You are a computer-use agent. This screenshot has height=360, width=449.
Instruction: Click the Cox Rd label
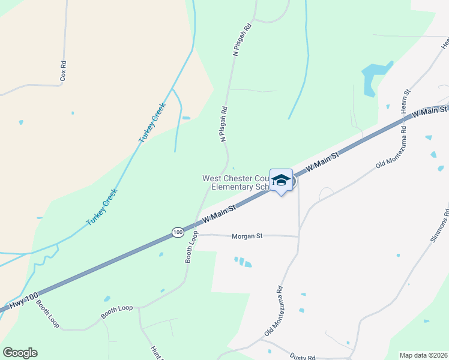click(x=62, y=71)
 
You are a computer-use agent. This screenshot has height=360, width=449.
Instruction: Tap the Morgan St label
click(x=247, y=236)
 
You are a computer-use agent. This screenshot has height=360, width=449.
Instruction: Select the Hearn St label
click(x=405, y=101)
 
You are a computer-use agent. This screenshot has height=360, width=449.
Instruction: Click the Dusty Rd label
click(x=302, y=356)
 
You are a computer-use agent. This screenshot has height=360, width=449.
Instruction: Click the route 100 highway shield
click(x=177, y=232)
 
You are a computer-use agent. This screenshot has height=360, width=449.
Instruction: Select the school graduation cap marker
click(x=281, y=179)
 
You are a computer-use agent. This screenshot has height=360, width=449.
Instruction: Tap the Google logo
click(x=20, y=353)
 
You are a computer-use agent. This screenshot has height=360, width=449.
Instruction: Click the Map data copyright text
click(x=424, y=355)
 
